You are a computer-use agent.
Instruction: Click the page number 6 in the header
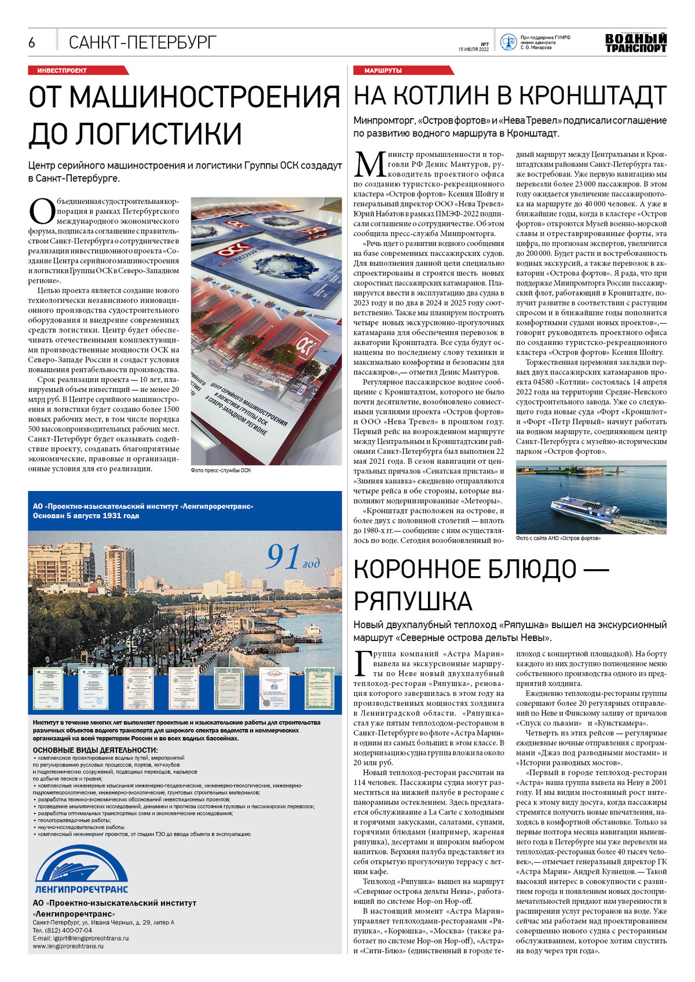(32, 42)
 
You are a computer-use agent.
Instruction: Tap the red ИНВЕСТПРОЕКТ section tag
(62, 71)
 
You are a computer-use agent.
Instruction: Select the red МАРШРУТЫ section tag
(383, 71)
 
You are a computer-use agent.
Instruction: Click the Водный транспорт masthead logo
(635, 43)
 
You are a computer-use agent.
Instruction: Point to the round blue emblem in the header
(508, 42)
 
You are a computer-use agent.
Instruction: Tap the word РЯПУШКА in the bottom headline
(413, 600)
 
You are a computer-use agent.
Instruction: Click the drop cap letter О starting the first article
(41, 211)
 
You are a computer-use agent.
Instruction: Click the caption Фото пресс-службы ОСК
(221, 470)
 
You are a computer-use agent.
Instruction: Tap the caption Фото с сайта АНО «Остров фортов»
(558, 538)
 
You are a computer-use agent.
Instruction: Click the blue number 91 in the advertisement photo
(283, 556)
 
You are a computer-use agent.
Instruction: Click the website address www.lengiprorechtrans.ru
(68, 946)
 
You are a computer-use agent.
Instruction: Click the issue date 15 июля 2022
(473, 49)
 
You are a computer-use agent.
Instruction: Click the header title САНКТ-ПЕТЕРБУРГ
(142, 42)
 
